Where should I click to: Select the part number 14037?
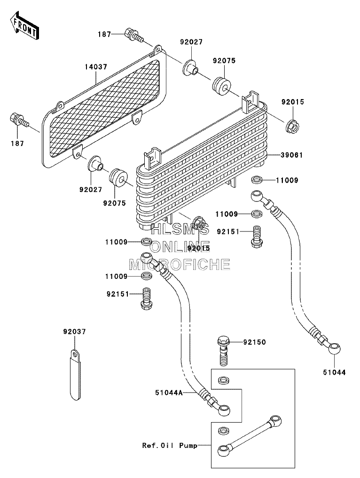point(96,67)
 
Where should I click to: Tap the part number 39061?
point(291,155)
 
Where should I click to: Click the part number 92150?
point(254,342)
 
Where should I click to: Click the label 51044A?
point(169,393)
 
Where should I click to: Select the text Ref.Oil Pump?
point(170,446)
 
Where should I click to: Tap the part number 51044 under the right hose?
point(334,372)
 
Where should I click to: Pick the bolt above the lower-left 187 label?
point(19,120)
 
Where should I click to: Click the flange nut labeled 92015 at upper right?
point(293,125)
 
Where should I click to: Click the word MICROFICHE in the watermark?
point(180,264)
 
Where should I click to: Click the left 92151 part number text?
point(118,294)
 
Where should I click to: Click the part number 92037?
point(74,332)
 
